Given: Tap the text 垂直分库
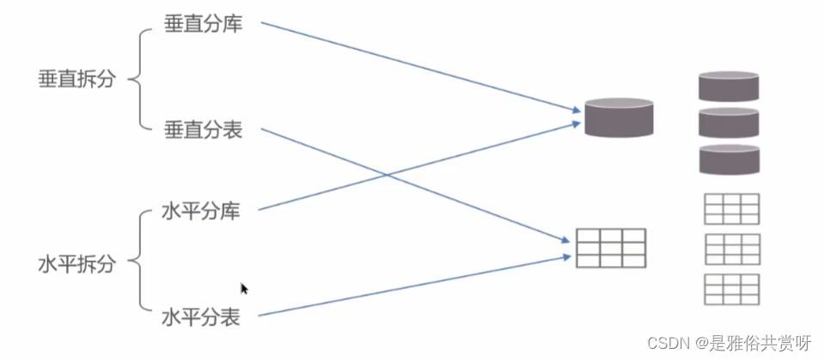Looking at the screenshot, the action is [203, 24].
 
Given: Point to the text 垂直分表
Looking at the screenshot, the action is [203, 131].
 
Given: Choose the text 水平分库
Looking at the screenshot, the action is [200, 211].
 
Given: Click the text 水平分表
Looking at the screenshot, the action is [200, 316].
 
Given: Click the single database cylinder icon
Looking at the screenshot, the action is [619, 118].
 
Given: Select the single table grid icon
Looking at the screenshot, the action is [610, 247].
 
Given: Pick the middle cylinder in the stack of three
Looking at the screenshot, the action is [729, 122].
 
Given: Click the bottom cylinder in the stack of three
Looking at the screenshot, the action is [729, 159].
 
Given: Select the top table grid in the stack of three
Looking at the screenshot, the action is [731, 209].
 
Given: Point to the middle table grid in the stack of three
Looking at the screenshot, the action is [731, 248].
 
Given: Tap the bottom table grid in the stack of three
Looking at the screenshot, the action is [731, 289].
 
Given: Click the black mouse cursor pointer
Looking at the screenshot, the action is [245, 290].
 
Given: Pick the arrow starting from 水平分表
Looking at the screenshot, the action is [412, 286].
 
